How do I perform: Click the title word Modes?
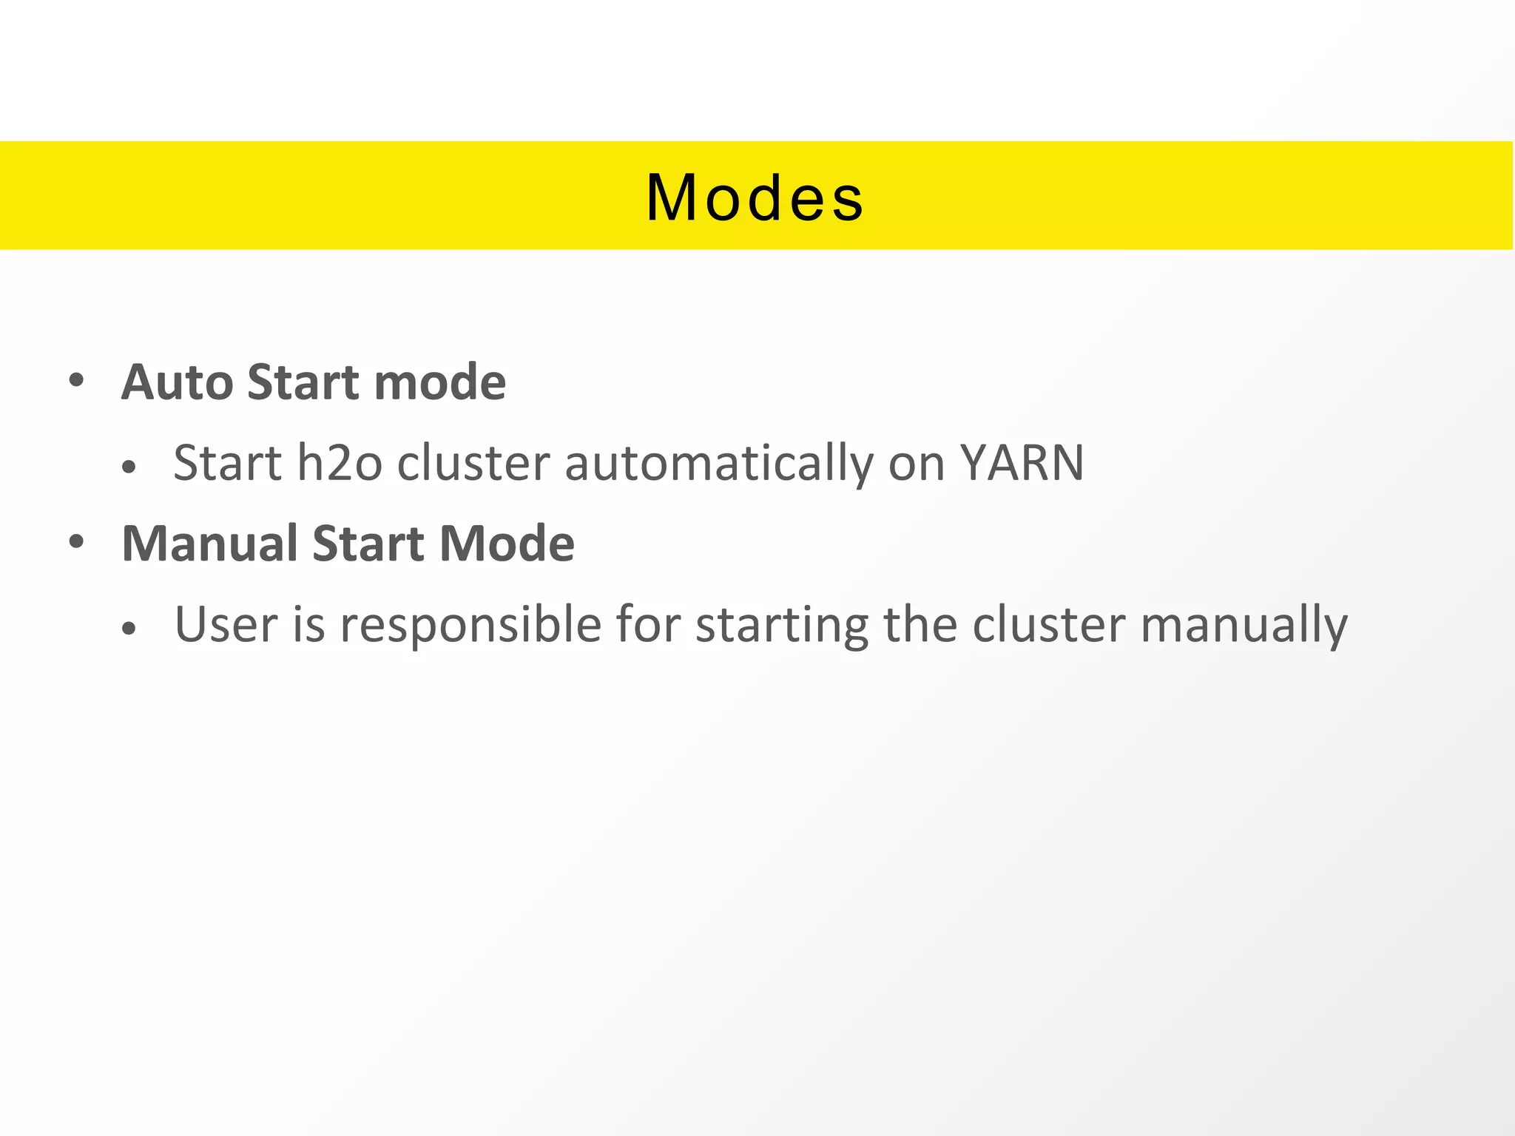click(755, 197)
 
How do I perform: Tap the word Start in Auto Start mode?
click(304, 382)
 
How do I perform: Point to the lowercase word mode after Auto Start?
click(440, 382)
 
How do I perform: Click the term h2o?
click(340, 464)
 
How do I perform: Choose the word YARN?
click(1022, 464)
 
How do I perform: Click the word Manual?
click(210, 544)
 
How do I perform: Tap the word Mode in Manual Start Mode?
click(507, 544)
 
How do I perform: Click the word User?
click(226, 625)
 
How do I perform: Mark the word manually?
click(1244, 625)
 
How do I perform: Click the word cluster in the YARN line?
click(473, 464)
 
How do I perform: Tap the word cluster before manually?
click(1048, 625)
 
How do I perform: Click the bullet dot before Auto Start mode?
click(76, 381)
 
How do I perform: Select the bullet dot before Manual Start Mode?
click(76, 542)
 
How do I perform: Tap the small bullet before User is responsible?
click(129, 629)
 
